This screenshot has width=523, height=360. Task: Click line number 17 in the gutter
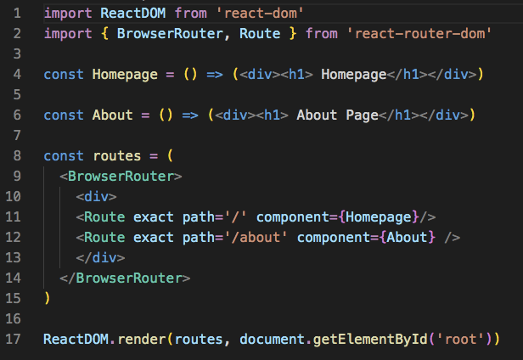click(x=14, y=339)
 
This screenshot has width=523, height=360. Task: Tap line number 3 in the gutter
click(x=17, y=53)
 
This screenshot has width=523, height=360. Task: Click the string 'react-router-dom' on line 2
click(x=419, y=33)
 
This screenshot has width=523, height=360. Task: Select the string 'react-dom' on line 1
click(x=260, y=14)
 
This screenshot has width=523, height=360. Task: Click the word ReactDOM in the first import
click(x=132, y=14)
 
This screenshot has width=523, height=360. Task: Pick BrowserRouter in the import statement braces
click(x=170, y=33)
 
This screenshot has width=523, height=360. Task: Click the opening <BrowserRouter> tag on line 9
click(x=121, y=176)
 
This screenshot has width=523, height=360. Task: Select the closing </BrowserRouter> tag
click(x=125, y=278)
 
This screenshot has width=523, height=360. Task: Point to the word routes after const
click(x=117, y=156)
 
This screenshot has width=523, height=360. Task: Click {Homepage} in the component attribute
click(x=379, y=217)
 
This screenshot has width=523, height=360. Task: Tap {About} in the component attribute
click(x=407, y=237)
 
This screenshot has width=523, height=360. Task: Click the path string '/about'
click(x=256, y=237)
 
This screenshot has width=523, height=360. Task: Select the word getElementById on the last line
click(x=370, y=339)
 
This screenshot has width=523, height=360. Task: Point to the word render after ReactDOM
click(x=142, y=339)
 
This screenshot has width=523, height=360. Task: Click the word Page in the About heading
click(x=362, y=115)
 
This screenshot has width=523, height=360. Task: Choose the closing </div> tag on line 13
click(x=100, y=257)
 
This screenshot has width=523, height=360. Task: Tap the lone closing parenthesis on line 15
click(x=47, y=298)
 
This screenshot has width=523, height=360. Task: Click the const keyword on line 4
click(x=64, y=74)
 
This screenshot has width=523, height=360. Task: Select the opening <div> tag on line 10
click(x=97, y=196)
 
